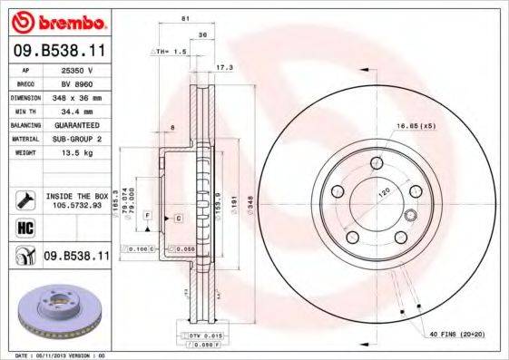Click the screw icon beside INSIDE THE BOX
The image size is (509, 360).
[25, 199]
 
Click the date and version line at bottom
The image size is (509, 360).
[56, 355]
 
